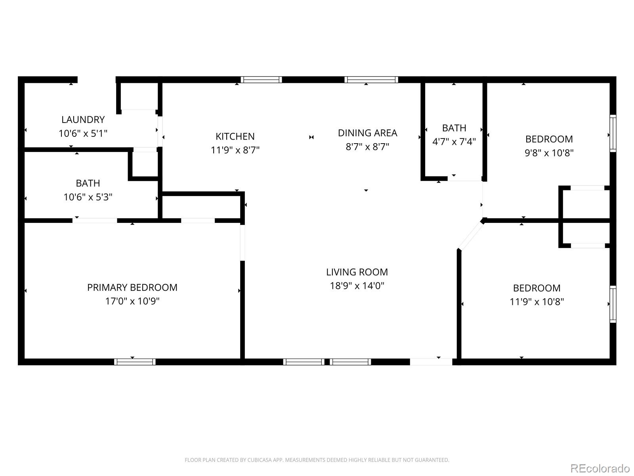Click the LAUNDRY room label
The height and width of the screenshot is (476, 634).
[x=83, y=119]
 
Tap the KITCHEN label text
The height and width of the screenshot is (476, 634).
[x=235, y=136]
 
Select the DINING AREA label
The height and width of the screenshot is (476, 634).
[x=367, y=133]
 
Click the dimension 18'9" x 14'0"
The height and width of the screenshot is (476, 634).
[x=357, y=286]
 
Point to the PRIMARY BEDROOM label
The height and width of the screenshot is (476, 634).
[x=132, y=288]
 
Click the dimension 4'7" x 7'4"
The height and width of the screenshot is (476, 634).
[x=454, y=142]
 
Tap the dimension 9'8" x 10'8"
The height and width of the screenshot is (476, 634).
[x=549, y=153]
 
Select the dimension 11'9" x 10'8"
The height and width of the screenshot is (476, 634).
[x=537, y=302]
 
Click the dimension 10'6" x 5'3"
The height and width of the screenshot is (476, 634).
[x=88, y=197]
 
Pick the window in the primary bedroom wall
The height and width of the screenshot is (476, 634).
[x=135, y=362]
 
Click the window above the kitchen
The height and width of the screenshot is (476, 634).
[x=262, y=80]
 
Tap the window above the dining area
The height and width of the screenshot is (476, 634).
[x=371, y=80]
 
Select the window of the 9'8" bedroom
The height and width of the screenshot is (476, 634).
[x=613, y=133]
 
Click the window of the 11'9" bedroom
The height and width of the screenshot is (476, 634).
[x=613, y=304]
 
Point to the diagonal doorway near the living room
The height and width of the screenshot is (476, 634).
[x=471, y=235]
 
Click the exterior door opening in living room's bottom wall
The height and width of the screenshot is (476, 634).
[x=431, y=362]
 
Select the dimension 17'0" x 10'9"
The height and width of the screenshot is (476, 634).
[x=132, y=301]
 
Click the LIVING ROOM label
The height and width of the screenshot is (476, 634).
[x=357, y=272]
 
